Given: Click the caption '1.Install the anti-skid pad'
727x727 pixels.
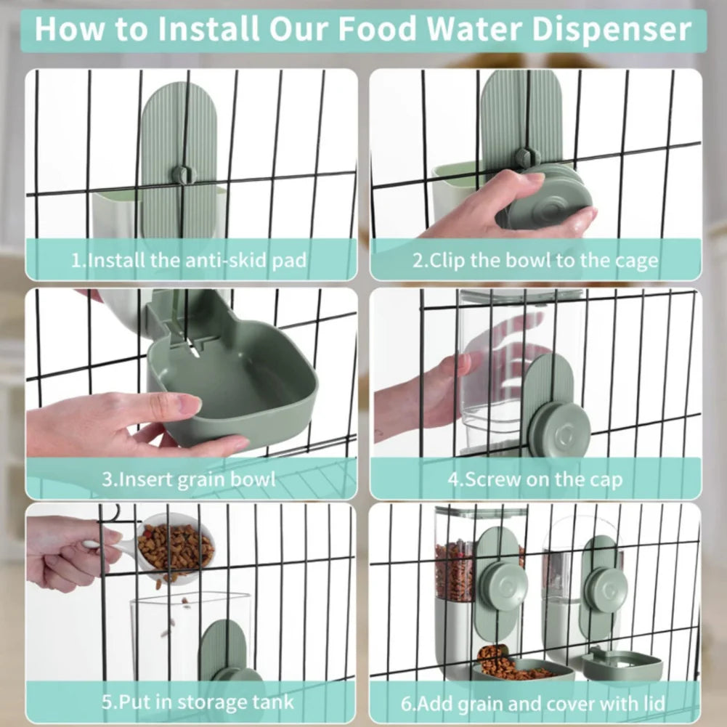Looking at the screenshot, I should pyautogui.click(x=188, y=260).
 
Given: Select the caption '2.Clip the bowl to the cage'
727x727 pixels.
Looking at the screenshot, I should pyautogui.click(x=535, y=260).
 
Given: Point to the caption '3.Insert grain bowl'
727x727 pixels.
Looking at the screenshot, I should pyautogui.click(x=188, y=479).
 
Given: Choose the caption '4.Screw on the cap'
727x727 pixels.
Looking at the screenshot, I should pyautogui.click(x=535, y=479).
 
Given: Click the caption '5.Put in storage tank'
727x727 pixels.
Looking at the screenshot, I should pyautogui.click(x=198, y=702).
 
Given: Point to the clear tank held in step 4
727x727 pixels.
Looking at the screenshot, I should pyautogui.click(x=494, y=370).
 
